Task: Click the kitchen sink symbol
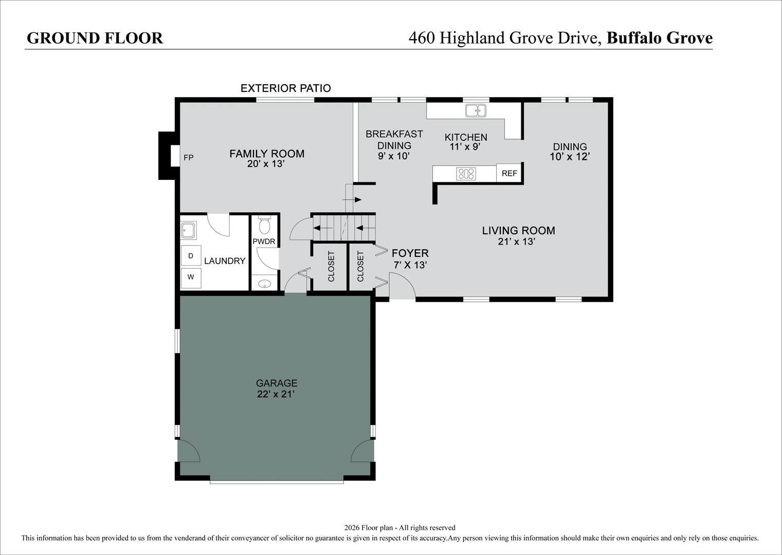476,110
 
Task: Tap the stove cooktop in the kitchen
466,174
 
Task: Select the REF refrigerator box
510,173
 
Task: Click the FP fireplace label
189,158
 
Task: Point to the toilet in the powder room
264,226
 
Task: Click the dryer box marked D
191,256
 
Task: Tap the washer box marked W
191,277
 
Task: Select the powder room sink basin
264,284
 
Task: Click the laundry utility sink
189,230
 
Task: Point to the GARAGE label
277,383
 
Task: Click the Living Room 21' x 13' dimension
517,242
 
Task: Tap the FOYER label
410,253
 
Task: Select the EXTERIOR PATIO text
285,88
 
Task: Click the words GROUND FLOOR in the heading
95,38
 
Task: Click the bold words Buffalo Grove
660,38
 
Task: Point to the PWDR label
264,242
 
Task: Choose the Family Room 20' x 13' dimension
266,163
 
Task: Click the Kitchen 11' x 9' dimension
465,146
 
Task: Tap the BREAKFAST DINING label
394,140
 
